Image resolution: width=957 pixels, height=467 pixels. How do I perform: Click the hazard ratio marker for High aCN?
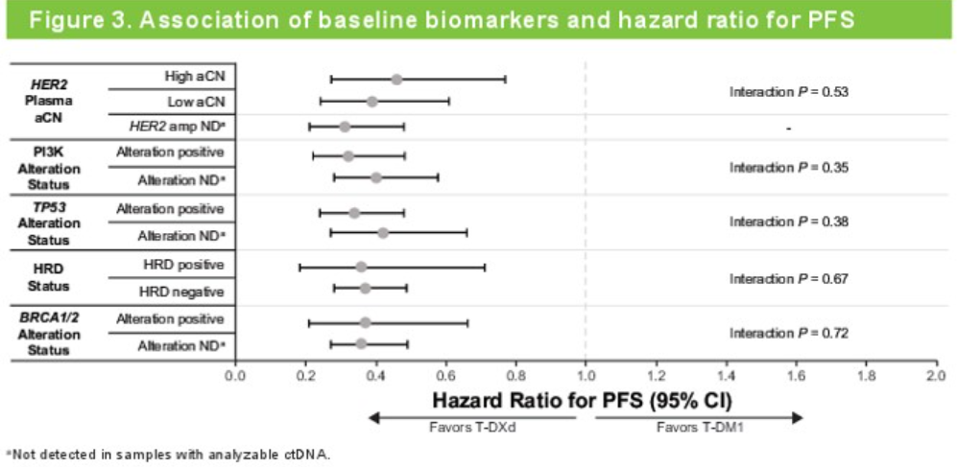pos(396,80)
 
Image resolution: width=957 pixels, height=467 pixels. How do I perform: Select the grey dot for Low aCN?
pos(372,101)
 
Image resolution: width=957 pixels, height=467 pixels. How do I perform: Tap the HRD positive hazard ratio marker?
pos(361,267)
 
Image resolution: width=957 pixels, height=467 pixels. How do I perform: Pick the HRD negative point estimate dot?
pos(365,288)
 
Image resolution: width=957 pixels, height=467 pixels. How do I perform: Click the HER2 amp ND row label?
pos(177,127)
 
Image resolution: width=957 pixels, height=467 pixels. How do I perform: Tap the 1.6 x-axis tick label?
pos(796,375)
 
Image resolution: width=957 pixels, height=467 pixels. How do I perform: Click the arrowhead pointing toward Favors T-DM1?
pos(797,416)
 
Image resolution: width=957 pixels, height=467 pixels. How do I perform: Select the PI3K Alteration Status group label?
pos(56,168)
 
